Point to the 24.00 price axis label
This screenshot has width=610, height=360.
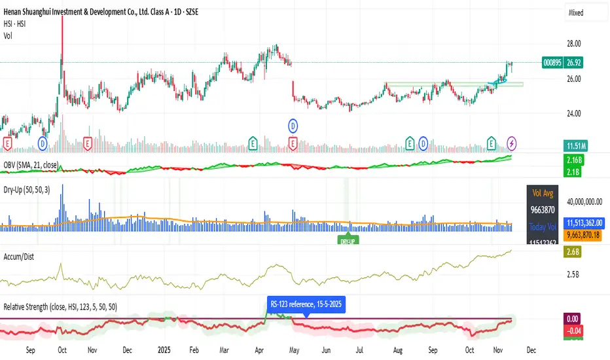573,113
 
